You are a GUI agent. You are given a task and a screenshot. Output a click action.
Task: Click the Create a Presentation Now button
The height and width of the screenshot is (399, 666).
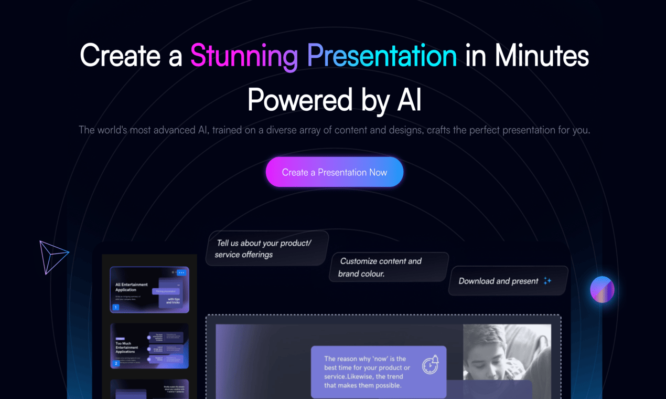click(x=335, y=172)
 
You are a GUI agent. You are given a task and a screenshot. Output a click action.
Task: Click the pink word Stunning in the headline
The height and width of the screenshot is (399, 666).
click(x=243, y=56)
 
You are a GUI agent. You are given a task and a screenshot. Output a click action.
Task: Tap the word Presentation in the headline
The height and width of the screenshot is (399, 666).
click(x=381, y=56)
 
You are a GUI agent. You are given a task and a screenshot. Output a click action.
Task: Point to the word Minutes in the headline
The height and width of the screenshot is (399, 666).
click(x=542, y=56)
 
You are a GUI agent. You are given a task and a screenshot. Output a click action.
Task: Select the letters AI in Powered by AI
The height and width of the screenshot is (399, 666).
click(x=409, y=100)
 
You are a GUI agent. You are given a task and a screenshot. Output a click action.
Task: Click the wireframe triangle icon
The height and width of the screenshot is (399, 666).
click(x=53, y=257)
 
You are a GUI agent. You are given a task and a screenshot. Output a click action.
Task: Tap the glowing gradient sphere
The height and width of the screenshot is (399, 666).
click(x=602, y=289)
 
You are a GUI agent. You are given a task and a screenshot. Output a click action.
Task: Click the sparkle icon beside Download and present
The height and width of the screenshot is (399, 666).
click(x=547, y=281)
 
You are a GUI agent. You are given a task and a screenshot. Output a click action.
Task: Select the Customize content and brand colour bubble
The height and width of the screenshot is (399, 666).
click(x=389, y=267)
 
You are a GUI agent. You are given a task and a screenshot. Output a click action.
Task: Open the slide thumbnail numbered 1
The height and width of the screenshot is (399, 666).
click(x=149, y=290)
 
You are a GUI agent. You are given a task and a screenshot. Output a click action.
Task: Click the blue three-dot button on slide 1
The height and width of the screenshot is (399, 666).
click(x=181, y=272)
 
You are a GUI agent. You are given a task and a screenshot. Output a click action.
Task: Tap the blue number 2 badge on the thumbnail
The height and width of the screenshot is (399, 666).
click(x=116, y=363)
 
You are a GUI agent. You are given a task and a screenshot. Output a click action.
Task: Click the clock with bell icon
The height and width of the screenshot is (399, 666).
click(x=431, y=364)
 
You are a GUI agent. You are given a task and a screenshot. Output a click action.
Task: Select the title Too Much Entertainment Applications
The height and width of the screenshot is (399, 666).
click(x=127, y=348)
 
